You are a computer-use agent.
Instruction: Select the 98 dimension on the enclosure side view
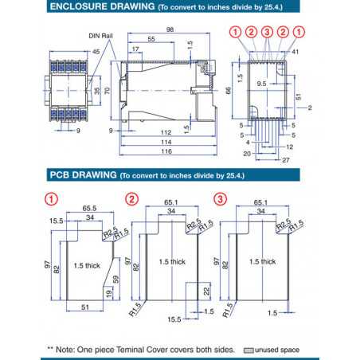[170, 30]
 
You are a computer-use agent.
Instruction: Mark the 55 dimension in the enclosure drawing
[152, 40]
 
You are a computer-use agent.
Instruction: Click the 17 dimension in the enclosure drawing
[136, 49]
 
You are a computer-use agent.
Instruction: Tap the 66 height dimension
[227, 92]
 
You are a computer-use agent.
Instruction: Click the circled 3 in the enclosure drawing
[267, 32]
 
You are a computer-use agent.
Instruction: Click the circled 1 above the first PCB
[50, 198]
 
